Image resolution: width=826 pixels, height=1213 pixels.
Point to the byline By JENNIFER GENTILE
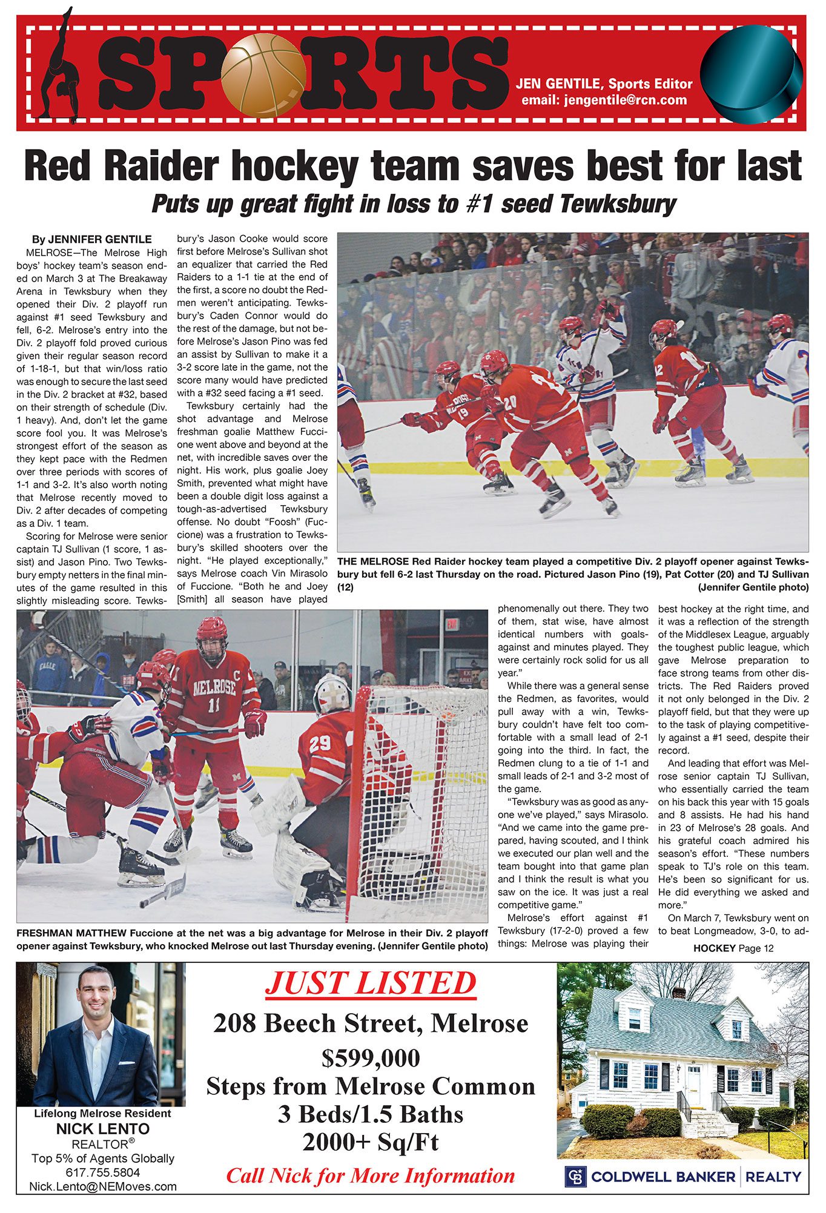pyautogui.click(x=91, y=239)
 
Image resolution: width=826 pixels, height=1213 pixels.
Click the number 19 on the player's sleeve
pyautogui.click(x=463, y=414)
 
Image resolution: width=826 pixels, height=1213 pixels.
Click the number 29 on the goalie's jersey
pyautogui.click(x=320, y=743)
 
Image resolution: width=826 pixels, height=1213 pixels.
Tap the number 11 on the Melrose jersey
pyautogui.click(x=213, y=705)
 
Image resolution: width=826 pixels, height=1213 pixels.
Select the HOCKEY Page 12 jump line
pyautogui.click(x=733, y=948)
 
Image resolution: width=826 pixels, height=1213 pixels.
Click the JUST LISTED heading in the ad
pyautogui.click(x=371, y=982)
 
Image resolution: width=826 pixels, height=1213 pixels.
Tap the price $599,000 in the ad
pyautogui.click(x=371, y=1057)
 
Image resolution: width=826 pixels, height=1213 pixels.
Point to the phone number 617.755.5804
pyautogui.click(x=102, y=1172)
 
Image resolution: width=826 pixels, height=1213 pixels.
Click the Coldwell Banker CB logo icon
pyautogui.click(x=575, y=1176)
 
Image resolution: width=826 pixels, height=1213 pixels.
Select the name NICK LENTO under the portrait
pyautogui.click(x=102, y=1129)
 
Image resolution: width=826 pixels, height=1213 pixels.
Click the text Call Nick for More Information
pyautogui.click(x=371, y=1175)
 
